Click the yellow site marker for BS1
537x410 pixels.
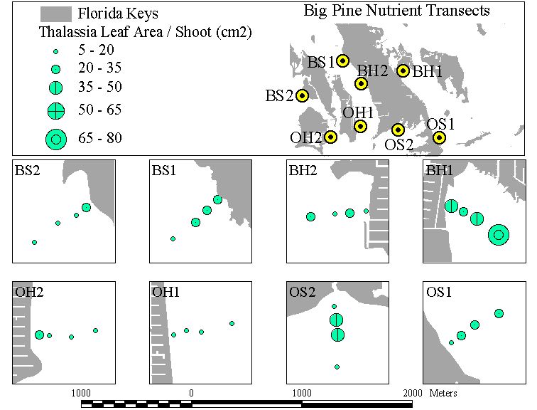point(342,61)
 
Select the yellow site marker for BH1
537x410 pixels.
point(403,70)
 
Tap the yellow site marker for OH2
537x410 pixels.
point(330,137)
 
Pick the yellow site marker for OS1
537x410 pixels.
point(439,137)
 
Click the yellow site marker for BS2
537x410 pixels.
point(302,95)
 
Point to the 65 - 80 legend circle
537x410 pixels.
point(56,140)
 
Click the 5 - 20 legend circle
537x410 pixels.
point(56,52)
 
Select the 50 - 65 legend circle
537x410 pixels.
point(56,111)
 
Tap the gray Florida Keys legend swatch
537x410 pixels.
point(56,14)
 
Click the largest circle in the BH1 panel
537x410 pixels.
point(499,235)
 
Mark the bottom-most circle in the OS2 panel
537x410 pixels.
point(337,367)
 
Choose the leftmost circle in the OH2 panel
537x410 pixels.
point(39,335)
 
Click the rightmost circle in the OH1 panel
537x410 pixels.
point(232,323)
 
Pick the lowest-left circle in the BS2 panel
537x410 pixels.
point(34,242)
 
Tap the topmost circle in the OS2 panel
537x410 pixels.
point(335,306)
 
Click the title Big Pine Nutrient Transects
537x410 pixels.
point(396,10)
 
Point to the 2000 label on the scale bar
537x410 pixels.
point(412,393)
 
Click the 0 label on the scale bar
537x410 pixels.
point(191,393)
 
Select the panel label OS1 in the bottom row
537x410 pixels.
point(439,292)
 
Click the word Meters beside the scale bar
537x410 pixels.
point(443,393)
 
